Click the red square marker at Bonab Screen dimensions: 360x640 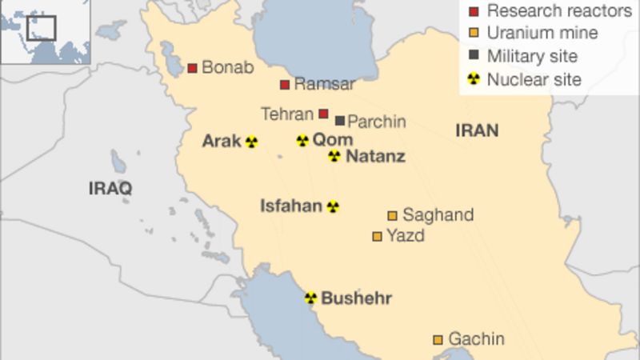pyautogui.click(x=192, y=68)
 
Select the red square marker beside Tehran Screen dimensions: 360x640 pyautogui.click(x=323, y=114)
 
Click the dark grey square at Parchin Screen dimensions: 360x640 pyautogui.click(x=340, y=121)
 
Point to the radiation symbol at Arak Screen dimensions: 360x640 pyautogui.click(x=252, y=142)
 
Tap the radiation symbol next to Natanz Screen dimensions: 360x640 pyautogui.click(x=334, y=156)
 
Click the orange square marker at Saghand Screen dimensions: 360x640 pyautogui.click(x=392, y=215)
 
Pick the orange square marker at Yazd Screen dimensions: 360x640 pyautogui.click(x=377, y=236)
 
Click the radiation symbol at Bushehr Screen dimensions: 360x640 pyautogui.click(x=310, y=298)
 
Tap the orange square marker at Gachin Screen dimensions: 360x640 pyautogui.click(x=438, y=340)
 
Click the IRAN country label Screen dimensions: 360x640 pyautogui.click(x=477, y=130)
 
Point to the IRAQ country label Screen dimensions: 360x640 pyautogui.click(x=110, y=188)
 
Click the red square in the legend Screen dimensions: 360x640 pyautogui.click(x=474, y=11)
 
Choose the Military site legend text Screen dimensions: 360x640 pyautogui.click(x=532, y=56)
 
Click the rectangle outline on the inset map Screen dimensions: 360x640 pyautogui.click(x=41, y=28)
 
